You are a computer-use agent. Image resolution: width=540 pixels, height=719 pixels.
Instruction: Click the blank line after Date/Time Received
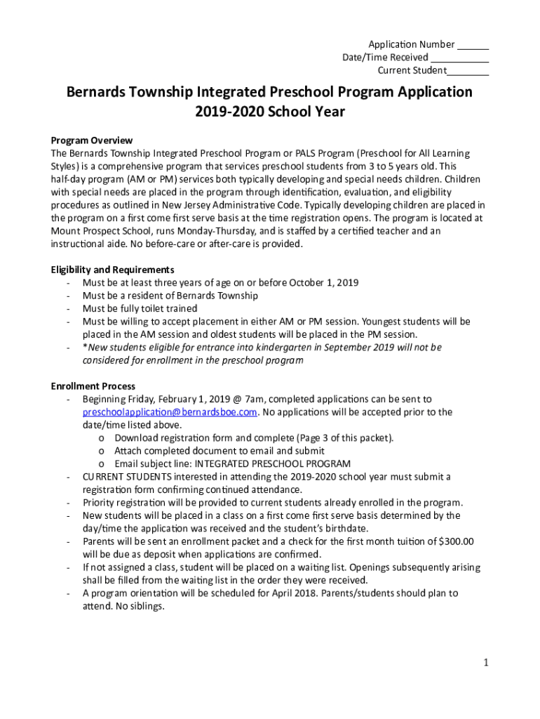[x=460, y=58]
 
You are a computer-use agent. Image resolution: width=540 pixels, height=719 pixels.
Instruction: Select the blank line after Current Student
[x=468, y=71]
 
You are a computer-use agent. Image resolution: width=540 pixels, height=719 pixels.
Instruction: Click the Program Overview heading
[x=92, y=140]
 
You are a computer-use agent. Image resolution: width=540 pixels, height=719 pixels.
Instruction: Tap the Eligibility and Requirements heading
[x=112, y=270]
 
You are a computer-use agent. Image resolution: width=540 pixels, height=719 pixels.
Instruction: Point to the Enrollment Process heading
[x=93, y=386]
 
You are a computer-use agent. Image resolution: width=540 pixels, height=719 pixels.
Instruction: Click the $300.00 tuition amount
[x=456, y=541]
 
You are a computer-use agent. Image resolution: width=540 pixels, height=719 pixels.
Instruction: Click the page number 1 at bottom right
[x=485, y=663]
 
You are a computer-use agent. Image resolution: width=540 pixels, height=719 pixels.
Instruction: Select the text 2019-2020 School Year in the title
[x=270, y=112]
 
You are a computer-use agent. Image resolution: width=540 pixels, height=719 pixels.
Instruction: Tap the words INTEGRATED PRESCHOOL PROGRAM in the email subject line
[x=272, y=464]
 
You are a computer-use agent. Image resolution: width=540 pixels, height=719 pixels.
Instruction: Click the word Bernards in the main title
[x=97, y=92]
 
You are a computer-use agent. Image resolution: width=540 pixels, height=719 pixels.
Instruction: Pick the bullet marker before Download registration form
[x=102, y=438]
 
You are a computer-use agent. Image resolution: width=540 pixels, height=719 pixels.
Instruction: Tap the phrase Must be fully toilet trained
[x=140, y=308]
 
